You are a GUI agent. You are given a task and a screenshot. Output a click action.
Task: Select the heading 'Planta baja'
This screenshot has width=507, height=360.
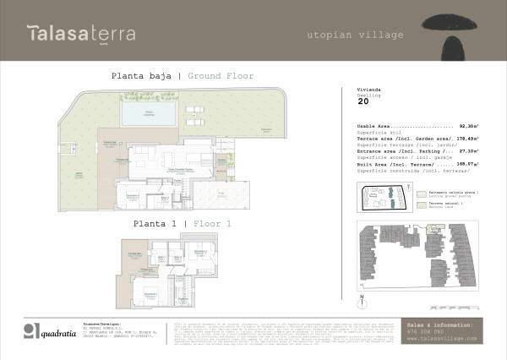pyautogui.click(x=141, y=76)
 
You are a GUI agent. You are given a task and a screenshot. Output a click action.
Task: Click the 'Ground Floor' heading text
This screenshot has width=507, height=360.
pyautogui.click(x=221, y=76)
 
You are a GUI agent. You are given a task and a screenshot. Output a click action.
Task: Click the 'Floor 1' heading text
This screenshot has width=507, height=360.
pyautogui.click(x=212, y=225)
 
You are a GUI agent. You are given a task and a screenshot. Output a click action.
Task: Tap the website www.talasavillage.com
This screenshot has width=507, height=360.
pyautogui.click(x=442, y=338)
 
